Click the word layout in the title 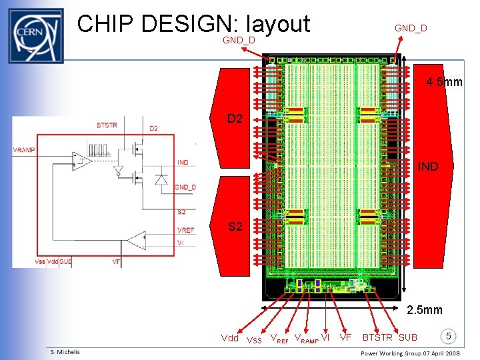[277, 24]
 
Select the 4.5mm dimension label [445, 83]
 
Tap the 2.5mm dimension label [425, 310]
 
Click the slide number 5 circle [450, 336]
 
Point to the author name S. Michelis [65, 352]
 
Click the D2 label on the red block [235, 119]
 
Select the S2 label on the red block [235, 227]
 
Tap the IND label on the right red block [428, 167]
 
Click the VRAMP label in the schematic [25, 150]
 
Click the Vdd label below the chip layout [229, 338]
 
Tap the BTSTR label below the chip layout [378, 337]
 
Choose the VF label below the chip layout [345, 337]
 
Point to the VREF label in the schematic [186, 230]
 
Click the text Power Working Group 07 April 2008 [419, 353]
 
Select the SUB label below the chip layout [408, 337]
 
